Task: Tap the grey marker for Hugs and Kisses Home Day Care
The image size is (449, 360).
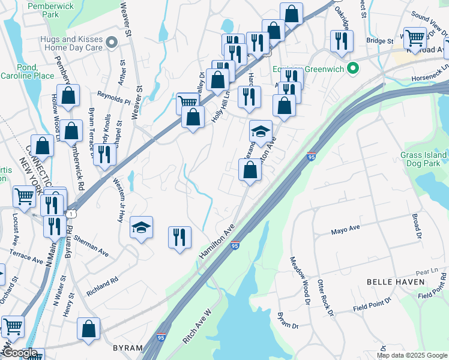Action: point(111,43)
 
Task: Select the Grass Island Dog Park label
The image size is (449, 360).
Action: point(424,159)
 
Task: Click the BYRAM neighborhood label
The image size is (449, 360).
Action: point(128,348)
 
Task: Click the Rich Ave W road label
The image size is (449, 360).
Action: point(198,326)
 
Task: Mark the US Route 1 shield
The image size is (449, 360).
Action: point(71,214)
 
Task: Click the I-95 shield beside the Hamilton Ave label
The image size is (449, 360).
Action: point(235,245)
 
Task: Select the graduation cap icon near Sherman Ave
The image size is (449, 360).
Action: point(141,227)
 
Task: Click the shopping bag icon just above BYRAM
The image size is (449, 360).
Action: point(88,328)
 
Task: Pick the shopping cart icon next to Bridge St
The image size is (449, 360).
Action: point(415,37)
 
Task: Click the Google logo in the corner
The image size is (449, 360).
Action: point(19,353)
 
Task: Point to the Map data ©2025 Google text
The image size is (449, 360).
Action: point(412,355)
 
